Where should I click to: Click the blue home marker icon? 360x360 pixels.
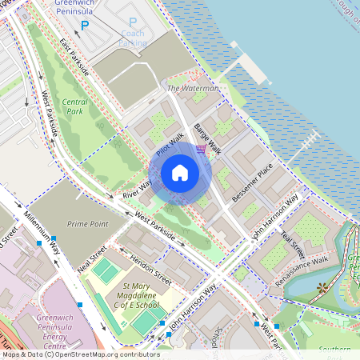point(180,173)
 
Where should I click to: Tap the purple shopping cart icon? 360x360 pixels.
point(201,149)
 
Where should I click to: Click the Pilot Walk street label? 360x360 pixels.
point(170,145)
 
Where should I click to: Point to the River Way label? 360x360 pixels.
point(137,190)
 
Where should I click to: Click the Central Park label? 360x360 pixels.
point(75,107)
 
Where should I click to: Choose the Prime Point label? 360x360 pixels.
point(87,224)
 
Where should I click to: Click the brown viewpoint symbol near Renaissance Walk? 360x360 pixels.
point(322,286)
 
